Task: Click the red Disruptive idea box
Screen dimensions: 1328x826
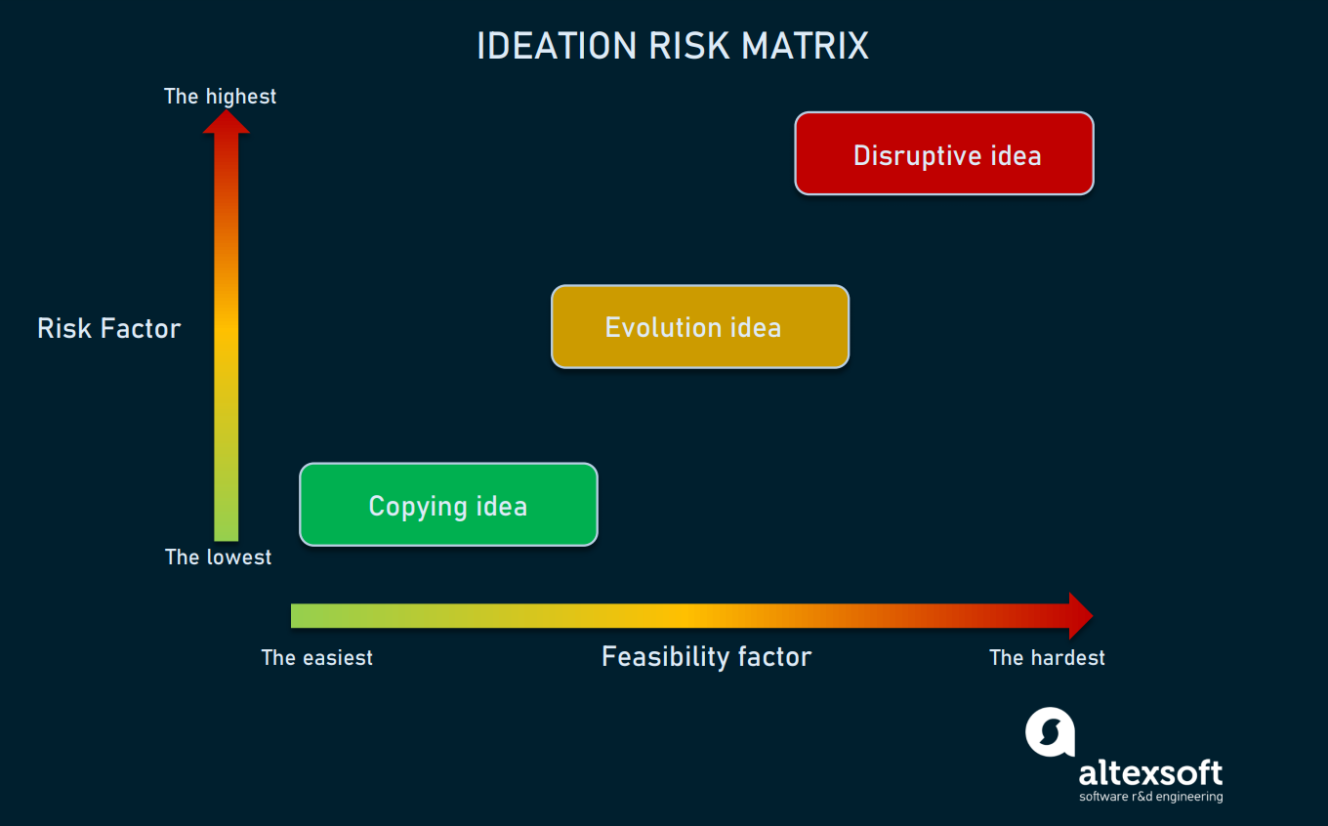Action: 944,153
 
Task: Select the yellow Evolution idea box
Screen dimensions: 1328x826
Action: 700,327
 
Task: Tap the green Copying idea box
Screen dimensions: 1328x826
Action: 449,505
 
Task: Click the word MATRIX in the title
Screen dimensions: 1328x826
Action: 805,46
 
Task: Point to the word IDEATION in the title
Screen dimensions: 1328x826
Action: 558,46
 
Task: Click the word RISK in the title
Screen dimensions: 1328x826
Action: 689,46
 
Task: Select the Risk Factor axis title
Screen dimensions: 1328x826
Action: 109,328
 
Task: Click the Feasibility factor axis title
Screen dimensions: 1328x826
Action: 707,657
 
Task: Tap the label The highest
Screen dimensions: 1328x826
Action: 220,96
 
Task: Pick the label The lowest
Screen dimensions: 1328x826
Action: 218,557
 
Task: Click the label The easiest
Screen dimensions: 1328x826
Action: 317,658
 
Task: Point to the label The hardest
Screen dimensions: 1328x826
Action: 1047,658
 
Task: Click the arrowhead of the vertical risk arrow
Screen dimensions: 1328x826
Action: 227,122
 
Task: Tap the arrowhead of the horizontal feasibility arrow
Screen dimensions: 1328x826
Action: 1081,615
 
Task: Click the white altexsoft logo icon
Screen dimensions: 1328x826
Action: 1050,732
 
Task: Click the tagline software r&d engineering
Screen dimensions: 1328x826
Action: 1150,797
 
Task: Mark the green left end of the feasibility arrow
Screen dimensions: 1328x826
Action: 292,615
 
